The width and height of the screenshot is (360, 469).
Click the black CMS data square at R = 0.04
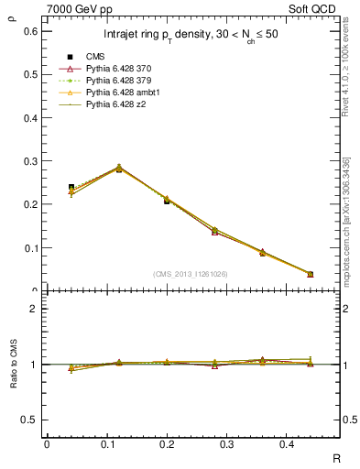(71, 187)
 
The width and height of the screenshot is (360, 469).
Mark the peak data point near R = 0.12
(118, 169)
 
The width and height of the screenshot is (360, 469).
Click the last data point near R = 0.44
(310, 274)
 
